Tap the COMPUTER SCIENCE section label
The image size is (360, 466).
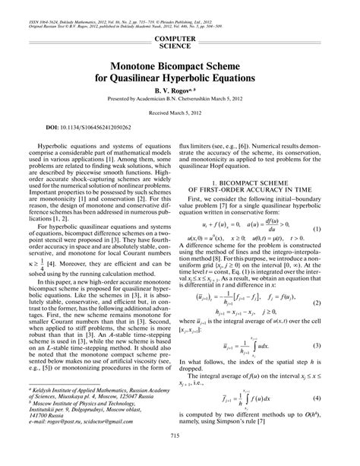pyautogui.click(x=180, y=41)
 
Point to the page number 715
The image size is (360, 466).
pyautogui.click(x=180, y=455)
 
